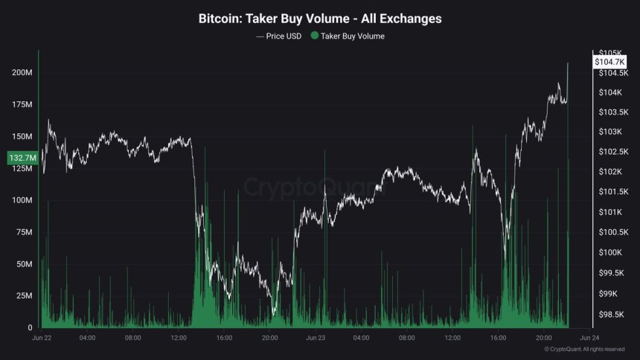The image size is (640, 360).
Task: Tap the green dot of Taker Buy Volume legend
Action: click(315, 35)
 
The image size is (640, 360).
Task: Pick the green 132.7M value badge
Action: click(20, 158)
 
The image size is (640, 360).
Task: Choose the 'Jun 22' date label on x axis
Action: click(42, 338)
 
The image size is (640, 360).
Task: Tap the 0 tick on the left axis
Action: click(30, 328)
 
